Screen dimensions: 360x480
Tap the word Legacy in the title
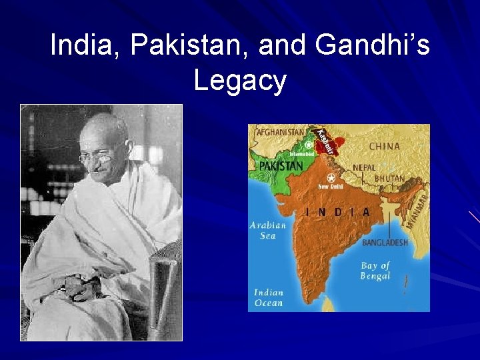(x=240, y=81)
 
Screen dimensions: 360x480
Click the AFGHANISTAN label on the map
(x=279, y=131)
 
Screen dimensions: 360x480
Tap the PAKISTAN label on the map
(x=281, y=165)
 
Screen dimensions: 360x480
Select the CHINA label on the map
(x=384, y=146)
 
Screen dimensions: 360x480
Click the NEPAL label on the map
(x=365, y=167)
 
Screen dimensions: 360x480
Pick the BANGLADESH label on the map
(x=385, y=243)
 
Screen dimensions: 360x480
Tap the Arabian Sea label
(x=268, y=230)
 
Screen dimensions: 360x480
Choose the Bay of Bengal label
(x=375, y=270)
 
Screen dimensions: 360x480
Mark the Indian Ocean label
(x=268, y=297)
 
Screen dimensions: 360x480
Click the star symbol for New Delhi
(x=331, y=178)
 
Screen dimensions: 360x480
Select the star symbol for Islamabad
(x=308, y=144)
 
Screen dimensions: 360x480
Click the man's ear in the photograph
(x=124, y=151)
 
